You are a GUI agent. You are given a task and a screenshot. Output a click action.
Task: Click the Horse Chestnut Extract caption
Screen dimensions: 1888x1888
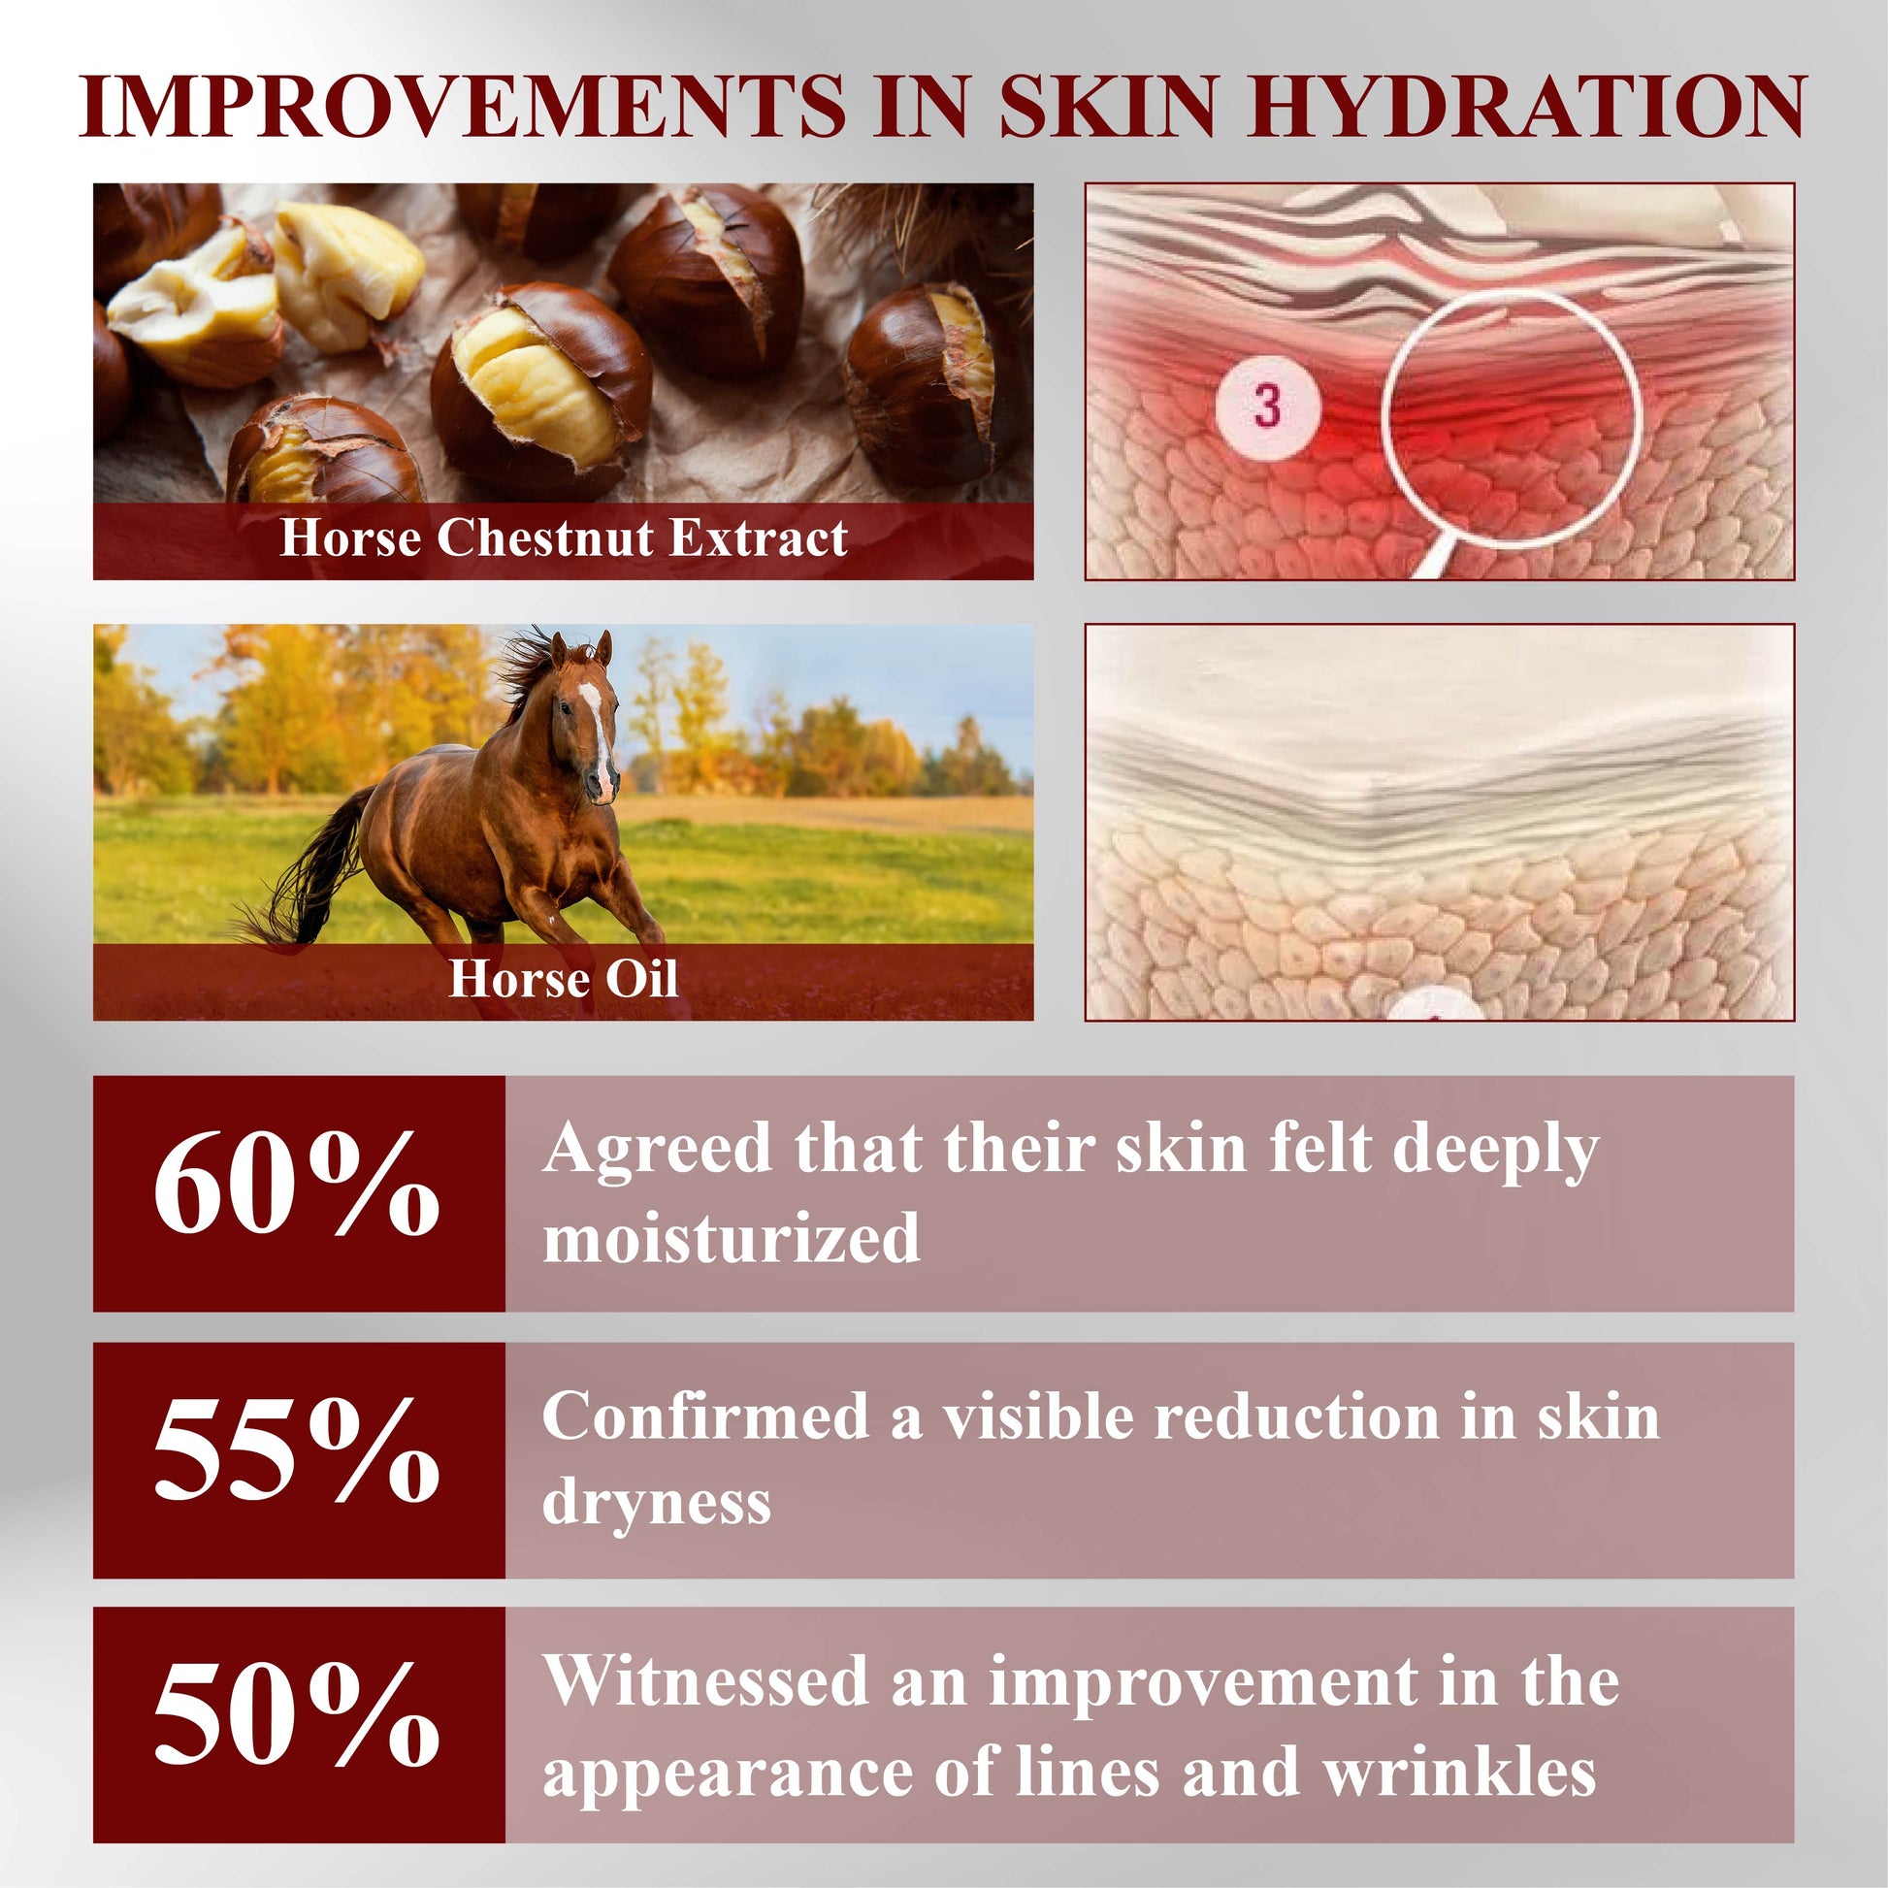tap(564, 537)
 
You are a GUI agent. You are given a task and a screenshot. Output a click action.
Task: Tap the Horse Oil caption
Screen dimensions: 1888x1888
tap(563, 978)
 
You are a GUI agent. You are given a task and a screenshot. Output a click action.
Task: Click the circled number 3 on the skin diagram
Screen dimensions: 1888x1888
tap(1266, 406)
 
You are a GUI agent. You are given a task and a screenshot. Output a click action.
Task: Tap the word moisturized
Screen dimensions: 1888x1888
tap(731, 1236)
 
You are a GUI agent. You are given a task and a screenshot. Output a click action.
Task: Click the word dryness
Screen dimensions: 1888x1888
tap(657, 1502)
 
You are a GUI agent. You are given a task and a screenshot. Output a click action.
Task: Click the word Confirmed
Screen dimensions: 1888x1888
tap(705, 1416)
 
